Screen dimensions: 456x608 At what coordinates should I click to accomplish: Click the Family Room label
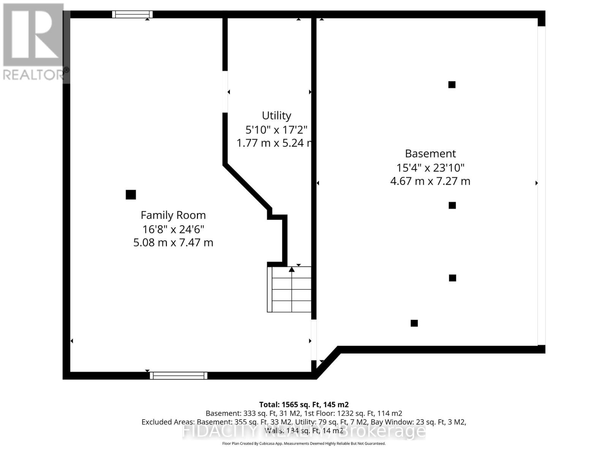coord(173,215)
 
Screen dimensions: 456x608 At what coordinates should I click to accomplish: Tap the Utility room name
coord(276,116)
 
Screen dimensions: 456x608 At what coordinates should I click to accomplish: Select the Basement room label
coord(430,154)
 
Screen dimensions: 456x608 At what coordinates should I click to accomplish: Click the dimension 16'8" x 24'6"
coord(173,229)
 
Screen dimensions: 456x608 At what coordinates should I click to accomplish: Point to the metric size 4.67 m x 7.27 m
coord(430,181)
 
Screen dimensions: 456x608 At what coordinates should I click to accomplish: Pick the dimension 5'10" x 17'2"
coord(276,130)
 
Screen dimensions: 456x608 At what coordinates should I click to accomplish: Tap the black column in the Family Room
coord(131,195)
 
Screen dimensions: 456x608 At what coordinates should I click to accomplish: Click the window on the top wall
coord(132,14)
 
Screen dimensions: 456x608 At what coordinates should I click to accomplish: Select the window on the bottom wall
coord(178,375)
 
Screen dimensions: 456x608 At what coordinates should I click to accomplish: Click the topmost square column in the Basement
coord(452,85)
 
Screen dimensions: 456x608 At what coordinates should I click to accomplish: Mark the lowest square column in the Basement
coord(414,323)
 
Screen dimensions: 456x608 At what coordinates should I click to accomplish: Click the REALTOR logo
coord(34,42)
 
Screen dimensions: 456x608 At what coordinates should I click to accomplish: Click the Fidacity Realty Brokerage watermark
coord(304,431)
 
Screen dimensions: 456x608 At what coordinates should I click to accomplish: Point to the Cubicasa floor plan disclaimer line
coord(304,443)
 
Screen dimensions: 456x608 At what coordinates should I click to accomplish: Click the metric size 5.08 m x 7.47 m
coord(173,242)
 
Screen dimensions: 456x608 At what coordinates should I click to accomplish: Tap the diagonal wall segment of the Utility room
coord(247,186)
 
